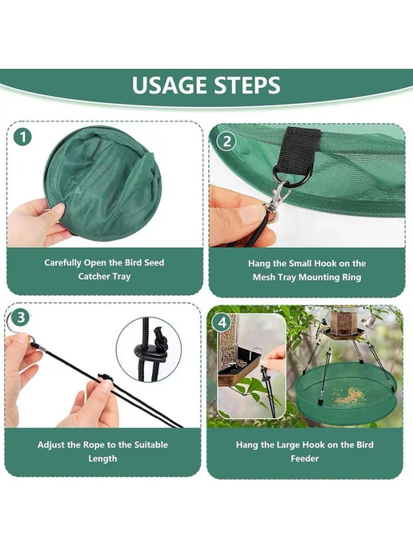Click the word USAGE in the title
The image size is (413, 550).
click(x=170, y=86)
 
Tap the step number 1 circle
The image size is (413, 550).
click(x=23, y=137)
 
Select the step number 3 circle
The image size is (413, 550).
click(x=21, y=317)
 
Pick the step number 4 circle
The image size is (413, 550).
click(x=223, y=322)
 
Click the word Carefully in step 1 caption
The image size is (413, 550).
click(x=63, y=263)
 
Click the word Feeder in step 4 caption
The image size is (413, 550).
click(x=304, y=458)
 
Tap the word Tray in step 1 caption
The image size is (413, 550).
click(x=121, y=277)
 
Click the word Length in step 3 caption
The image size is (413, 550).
click(x=102, y=458)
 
